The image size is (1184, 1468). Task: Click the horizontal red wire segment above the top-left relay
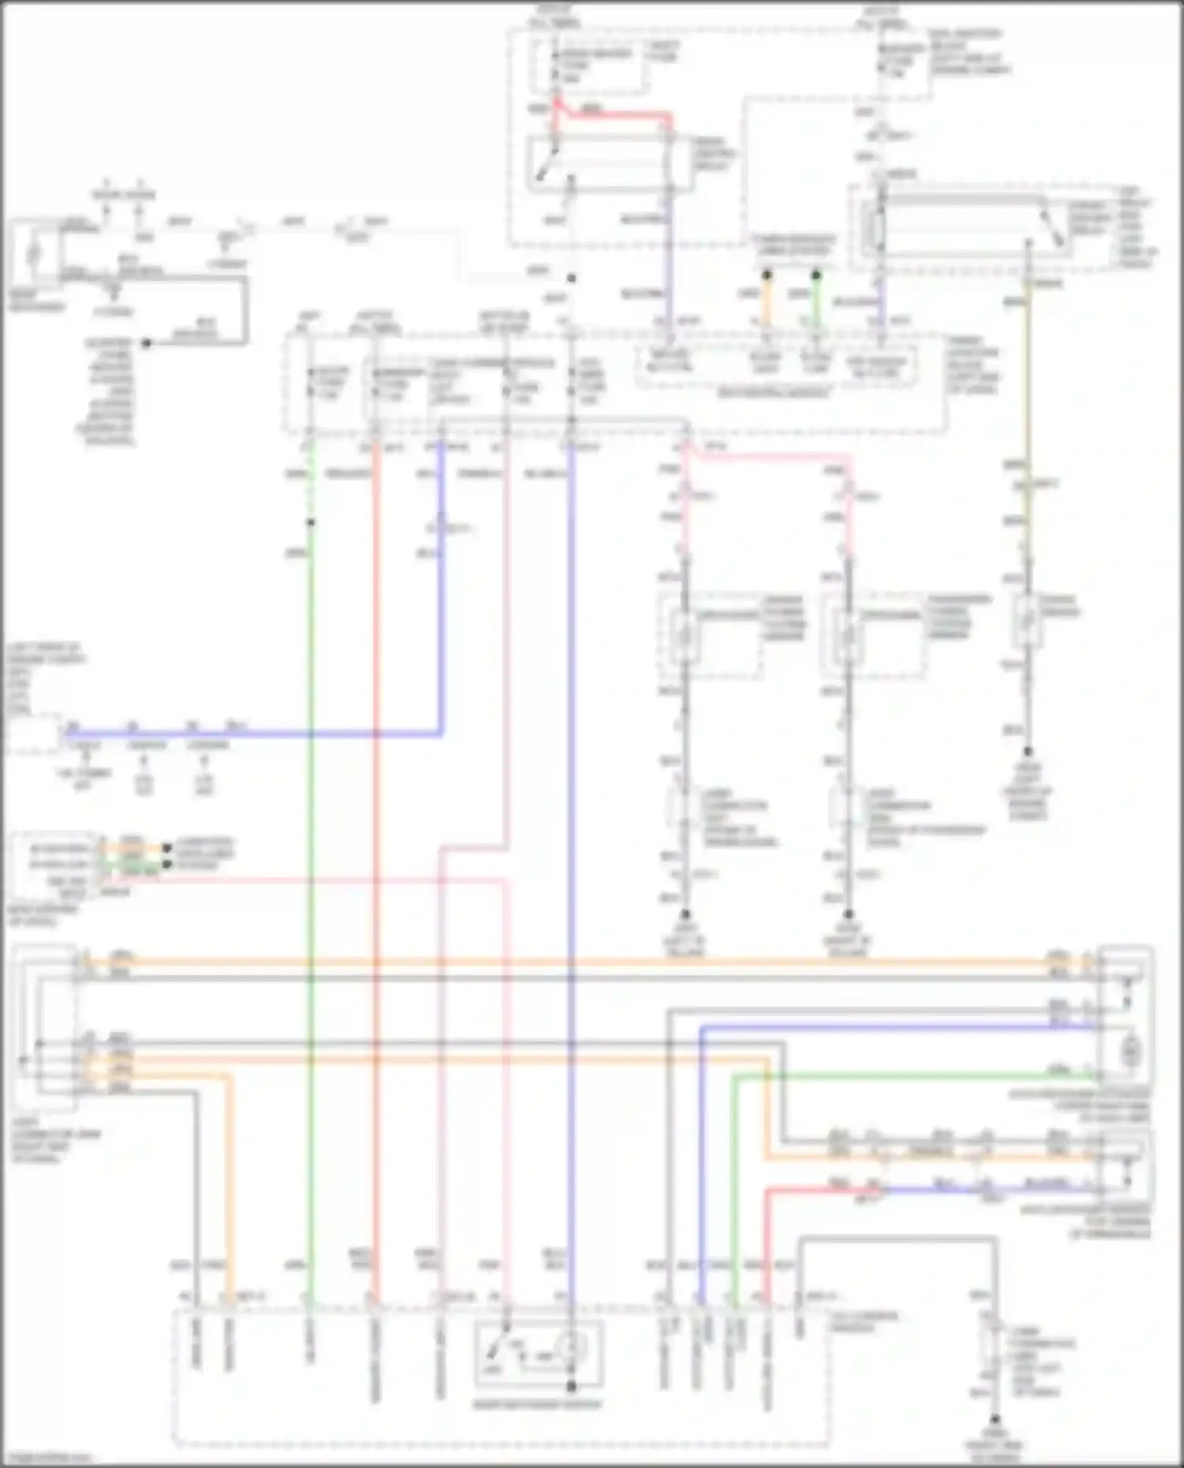[x=616, y=115]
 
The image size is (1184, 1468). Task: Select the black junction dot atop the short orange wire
[x=766, y=275]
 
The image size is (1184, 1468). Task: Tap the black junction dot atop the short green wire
[x=816, y=275]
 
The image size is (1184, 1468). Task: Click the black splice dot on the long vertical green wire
[x=311, y=522]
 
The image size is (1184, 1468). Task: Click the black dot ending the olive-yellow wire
[x=1029, y=752]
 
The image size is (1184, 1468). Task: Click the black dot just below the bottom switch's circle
[x=571, y=1386]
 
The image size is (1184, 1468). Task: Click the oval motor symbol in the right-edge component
[x=1131, y=1050]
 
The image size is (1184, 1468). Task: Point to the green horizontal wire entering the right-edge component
[x=908, y=1074]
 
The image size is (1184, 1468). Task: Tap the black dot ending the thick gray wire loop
[x=146, y=343]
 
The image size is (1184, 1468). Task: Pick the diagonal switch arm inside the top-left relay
[x=545, y=166]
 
